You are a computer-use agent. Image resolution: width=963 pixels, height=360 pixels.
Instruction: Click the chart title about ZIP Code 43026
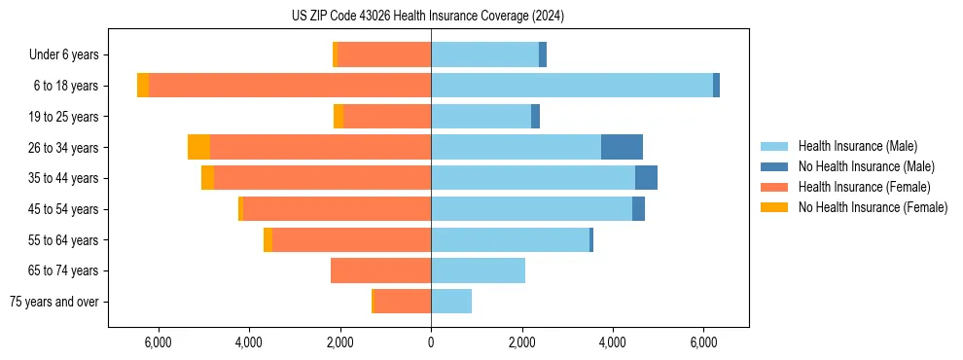pos(428,17)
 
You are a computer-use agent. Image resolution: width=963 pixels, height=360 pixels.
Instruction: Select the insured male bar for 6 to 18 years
pos(572,86)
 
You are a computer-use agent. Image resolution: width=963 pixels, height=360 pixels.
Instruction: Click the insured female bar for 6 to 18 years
pos(290,86)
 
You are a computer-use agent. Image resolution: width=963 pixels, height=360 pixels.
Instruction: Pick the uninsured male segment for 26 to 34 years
pos(622,147)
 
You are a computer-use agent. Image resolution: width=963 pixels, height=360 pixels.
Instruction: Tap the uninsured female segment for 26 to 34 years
pos(198,147)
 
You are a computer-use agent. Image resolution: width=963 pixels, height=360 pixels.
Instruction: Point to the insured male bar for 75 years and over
pos(451,302)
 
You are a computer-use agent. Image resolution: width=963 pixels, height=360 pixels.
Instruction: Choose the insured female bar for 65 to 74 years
pos(380,270)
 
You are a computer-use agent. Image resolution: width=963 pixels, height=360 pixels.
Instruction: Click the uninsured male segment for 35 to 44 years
pos(646,178)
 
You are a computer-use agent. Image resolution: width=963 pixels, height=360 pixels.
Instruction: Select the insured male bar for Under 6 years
pos(484,54)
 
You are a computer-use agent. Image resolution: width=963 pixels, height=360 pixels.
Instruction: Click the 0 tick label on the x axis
pos(431,342)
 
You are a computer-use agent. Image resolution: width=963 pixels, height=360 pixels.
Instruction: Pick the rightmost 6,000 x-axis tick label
pos(703,342)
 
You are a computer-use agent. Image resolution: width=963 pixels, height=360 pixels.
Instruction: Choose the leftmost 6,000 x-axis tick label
pos(158,342)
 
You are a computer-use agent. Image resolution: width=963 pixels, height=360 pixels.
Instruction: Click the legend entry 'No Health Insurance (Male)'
pos(866,166)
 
